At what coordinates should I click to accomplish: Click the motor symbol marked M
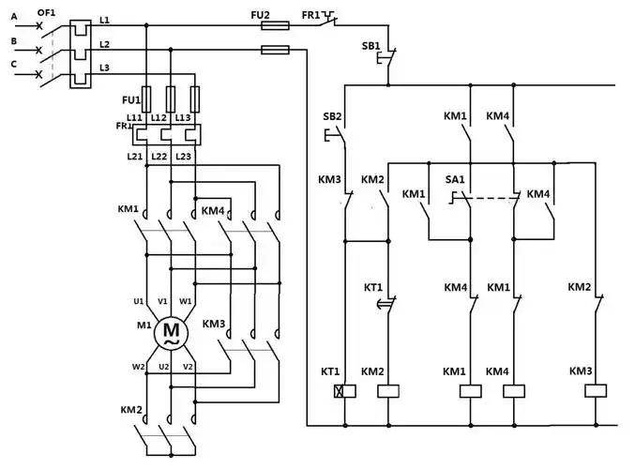tap(171, 331)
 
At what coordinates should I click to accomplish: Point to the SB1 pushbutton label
tap(370, 46)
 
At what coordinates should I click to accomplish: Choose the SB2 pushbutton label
tap(331, 117)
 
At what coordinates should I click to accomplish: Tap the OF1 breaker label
tap(46, 11)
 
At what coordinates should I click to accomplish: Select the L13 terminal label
tap(184, 117)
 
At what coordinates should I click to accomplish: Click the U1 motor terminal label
tap(138, 301)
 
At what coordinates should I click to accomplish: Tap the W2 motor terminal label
tap(138, 367)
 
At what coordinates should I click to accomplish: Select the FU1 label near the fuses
tap(131, 98)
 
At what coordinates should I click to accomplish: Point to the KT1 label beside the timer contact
tap(373, 286)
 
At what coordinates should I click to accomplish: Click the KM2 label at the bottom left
tap(130, 410)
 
